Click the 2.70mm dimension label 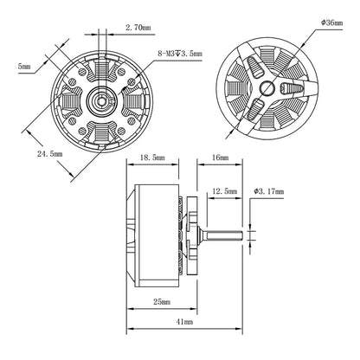click(x=138, y=28)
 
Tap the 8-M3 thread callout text click(x=180, y=54)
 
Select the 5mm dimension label click(x=24, y=66)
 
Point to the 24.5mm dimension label click(x=49, y=153)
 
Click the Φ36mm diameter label click(x=331, y=22)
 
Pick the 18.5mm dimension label click(x=152, y=157)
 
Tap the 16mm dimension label click(x=220, y=157)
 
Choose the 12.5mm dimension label click(x=224, y=191)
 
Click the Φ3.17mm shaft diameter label click(x=269, y=191)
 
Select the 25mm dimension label click(x=162, y=302)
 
